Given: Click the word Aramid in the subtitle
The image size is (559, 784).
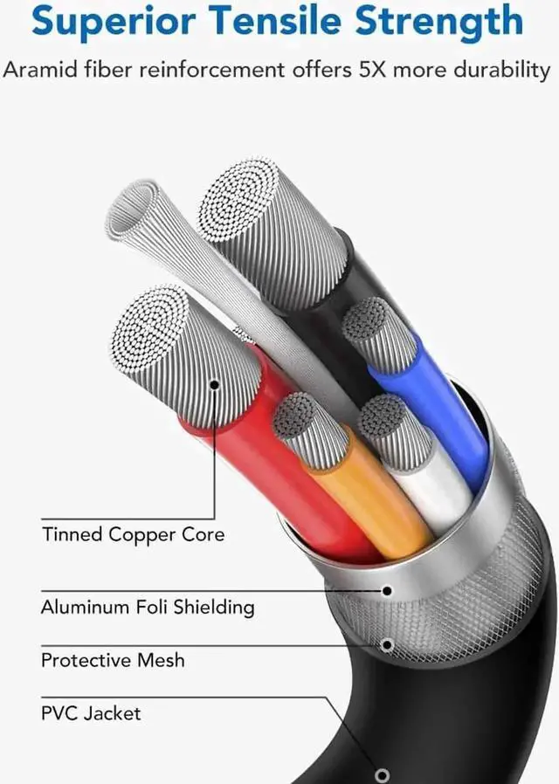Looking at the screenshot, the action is click(36, 70).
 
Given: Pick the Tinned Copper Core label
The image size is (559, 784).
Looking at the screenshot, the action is click(133, 534).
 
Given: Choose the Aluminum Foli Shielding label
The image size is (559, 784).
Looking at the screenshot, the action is click(148, 606).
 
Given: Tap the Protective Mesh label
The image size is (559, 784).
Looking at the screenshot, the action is click(113, 659).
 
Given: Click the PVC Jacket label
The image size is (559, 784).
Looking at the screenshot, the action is click(91, 712).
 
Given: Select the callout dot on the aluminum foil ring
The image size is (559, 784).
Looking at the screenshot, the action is click(385, 590).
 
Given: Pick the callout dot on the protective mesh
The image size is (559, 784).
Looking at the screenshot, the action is click(385, 645).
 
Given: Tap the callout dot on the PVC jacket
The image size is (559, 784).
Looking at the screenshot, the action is click(381, 774).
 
